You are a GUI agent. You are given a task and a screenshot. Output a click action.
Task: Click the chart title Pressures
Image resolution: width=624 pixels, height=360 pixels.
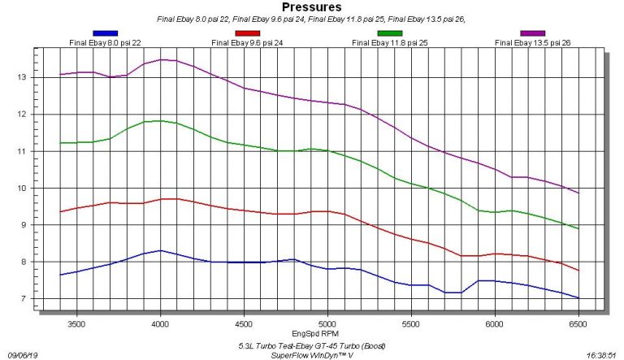coord(312,7)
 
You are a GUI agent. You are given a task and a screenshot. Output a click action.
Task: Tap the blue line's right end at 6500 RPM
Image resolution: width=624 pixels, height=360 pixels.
coord(578,298)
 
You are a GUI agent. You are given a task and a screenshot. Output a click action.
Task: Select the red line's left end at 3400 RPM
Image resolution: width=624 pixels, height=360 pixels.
coord(60,212)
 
